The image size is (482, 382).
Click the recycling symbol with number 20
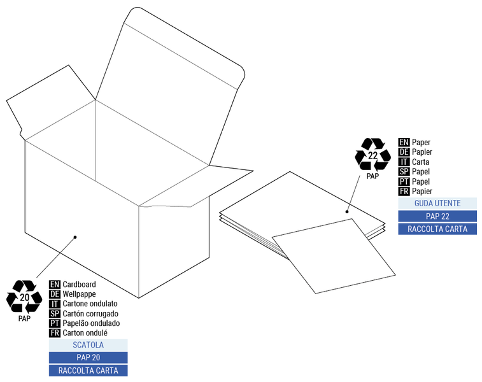pos(24,297)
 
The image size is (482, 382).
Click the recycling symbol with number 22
pos(373,155)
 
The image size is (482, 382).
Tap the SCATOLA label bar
pos(88,344)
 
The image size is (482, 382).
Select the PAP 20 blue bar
pos(88,357)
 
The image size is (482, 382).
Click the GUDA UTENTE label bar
pos(437,203)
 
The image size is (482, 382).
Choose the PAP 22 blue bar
pos(437,216)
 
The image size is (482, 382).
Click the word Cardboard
pos(79,284)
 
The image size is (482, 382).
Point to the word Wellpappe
pos(80,294)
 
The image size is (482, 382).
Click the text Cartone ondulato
pos(90,304)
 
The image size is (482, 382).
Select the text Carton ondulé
pos(85,332)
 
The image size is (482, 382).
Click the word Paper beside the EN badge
pos(421,143)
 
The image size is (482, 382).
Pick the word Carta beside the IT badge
pos(420,162)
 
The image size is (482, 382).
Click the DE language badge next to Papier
pos(404,152)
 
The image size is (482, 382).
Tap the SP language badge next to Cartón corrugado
pos(55,313)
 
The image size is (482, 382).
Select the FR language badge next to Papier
pos(404,191)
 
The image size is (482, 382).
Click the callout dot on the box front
pos(75,237)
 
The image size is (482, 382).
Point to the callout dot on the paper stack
pos(348,211)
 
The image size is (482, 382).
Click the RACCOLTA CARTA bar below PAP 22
pos(437,229)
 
